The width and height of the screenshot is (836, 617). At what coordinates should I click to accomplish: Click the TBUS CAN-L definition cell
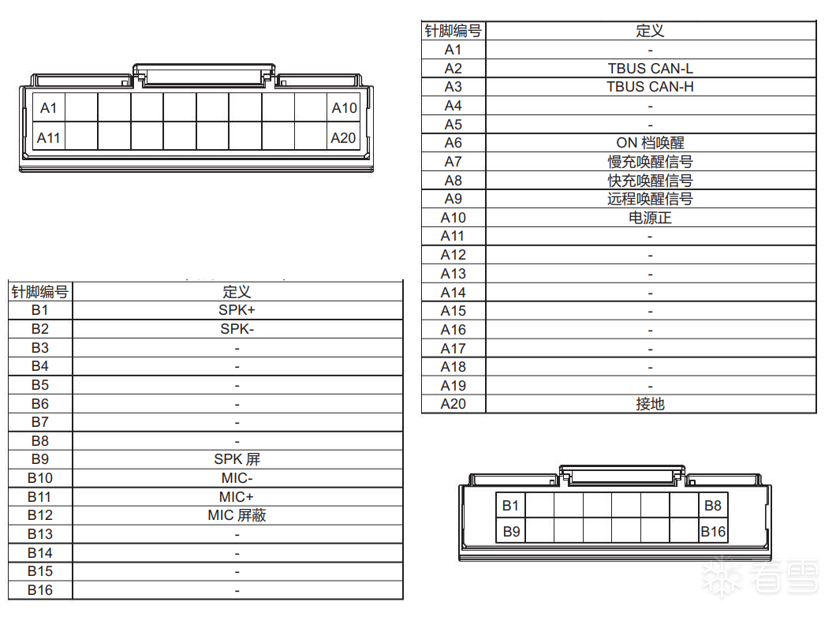point(651,69)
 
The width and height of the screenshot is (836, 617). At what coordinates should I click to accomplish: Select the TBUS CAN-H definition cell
point(651,87)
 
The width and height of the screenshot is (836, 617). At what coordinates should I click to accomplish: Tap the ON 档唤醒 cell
point(651,143)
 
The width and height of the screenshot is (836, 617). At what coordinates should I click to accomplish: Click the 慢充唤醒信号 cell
point(651,162)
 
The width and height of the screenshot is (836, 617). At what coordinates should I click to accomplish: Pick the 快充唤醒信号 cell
point(651,180)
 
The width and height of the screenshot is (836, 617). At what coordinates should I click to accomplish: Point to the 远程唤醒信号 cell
point(651,199)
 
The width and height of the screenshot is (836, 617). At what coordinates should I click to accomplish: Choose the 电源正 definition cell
point(651,218)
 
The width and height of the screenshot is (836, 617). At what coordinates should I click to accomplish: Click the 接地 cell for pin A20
point(651,404)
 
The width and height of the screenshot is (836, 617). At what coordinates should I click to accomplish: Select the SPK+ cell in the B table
point(237,310)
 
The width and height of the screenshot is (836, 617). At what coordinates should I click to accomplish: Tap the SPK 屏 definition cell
point(237,459)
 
